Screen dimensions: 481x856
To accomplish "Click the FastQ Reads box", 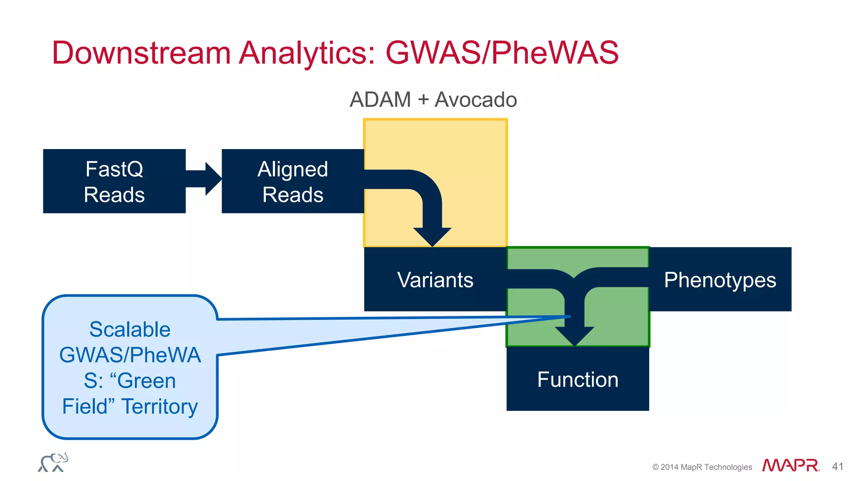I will point(114,181).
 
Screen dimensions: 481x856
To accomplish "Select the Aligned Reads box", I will point(293,181).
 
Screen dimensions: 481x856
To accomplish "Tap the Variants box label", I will point(435,280).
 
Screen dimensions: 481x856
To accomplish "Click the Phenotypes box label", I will point(720,280).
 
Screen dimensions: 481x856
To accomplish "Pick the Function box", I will point(578,379).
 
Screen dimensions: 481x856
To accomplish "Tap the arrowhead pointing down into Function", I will point(575,336).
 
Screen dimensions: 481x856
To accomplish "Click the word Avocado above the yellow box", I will point(476,100).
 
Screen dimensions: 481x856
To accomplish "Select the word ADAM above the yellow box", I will point(380,100).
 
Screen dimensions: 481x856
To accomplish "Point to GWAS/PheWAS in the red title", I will point(502,53).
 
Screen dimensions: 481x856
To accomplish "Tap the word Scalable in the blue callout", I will point(130,329).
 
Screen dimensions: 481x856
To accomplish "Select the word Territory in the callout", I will point(159,406).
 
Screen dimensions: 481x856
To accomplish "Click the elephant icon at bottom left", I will point(53,463).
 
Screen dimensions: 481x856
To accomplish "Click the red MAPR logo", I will point(790,465).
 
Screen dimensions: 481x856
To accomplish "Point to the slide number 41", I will point(837,466).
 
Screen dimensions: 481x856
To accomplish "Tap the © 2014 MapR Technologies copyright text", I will point(702,467).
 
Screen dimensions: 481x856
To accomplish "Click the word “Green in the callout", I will point(143,381).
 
